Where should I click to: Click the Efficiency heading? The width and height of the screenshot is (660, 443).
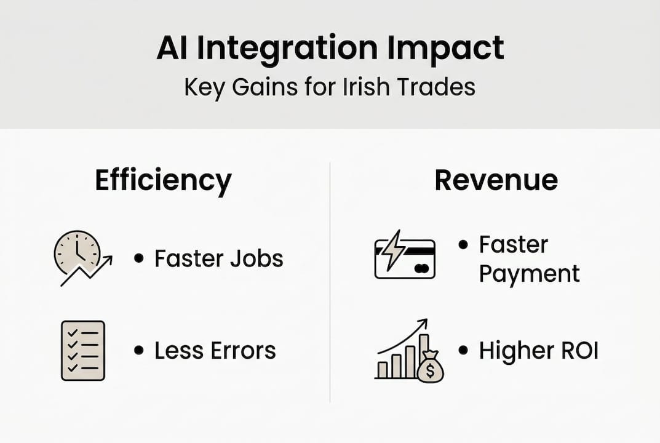[163, 181]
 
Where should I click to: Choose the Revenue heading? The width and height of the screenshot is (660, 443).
[496, 180]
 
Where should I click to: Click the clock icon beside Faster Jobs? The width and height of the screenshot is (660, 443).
[78, 252]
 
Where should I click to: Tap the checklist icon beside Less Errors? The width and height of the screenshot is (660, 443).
[83, 350]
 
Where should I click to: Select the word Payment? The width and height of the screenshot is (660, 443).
[529, 274]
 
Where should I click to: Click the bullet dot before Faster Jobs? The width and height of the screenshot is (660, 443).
[138, 258]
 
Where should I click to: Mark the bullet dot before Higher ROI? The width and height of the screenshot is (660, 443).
[463, 351]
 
